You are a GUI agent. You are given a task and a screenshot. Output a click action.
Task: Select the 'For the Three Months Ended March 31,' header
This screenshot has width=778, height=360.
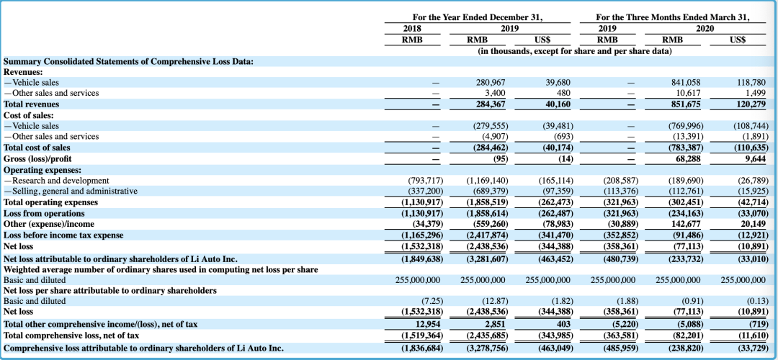(x=674, y=17)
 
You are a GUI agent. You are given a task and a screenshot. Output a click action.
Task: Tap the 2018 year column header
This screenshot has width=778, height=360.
(x=412, y=29)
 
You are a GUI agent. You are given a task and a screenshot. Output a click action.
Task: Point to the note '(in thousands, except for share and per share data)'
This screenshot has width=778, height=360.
(x=575, y=50)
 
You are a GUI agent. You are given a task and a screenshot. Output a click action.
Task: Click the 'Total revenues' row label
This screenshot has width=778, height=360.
(x=31, y=104)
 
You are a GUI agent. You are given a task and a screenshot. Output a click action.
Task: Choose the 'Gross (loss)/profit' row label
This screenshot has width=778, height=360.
(x=37, y=158)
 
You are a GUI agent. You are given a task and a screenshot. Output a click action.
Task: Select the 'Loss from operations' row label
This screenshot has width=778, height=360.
(x=44, y=213)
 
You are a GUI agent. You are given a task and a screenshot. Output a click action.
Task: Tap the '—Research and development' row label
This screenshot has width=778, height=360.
(x=56, y=181)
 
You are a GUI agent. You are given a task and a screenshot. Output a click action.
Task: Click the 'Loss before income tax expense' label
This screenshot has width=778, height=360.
(x=63, y=235)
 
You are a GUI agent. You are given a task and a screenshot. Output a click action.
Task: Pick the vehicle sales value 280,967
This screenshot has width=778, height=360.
(x=491, y=82)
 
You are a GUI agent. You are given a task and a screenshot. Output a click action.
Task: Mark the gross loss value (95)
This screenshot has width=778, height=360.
(x=498, y=158)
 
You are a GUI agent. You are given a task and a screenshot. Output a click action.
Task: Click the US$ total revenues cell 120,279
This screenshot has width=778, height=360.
(x=750, y=104)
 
